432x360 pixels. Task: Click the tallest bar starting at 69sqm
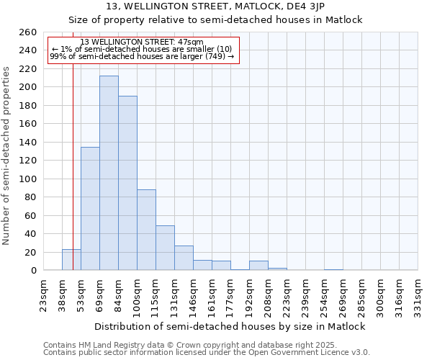click(109, 173)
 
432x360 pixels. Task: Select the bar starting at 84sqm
click(127, 183)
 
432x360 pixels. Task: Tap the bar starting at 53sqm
click(90, 209)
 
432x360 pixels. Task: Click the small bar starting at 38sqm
click(71, 260)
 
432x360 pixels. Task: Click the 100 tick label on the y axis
click(28, 179)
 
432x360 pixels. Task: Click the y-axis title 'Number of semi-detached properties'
click(7, 155)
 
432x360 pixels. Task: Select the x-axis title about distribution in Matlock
click(230, 326)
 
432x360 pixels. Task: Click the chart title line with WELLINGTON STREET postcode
click(215, 6)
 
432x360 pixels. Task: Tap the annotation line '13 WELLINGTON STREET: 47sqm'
click(142, 42)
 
